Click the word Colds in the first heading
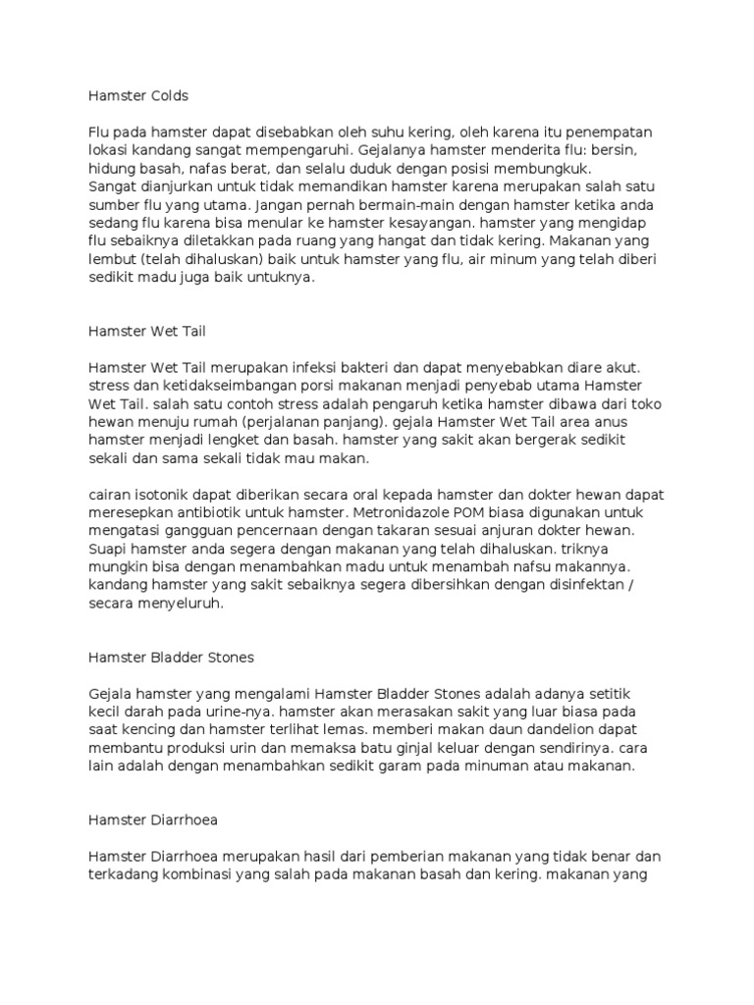click(167, 96)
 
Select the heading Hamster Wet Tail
click(146, 331)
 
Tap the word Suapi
click(107, 549)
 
